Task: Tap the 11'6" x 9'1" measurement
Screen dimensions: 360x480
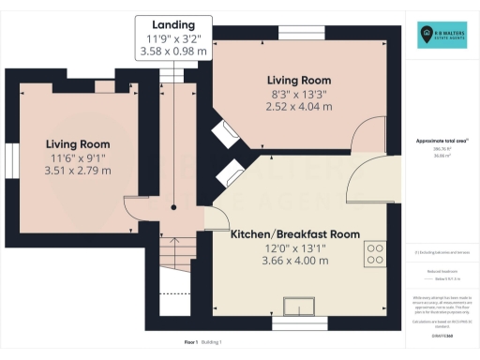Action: (79, 157)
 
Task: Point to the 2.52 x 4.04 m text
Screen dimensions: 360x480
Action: (298, 107)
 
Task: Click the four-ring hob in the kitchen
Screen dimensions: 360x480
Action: (377, 253)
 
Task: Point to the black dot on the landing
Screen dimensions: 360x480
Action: (173, 209)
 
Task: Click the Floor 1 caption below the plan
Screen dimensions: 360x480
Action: (190, 344)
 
